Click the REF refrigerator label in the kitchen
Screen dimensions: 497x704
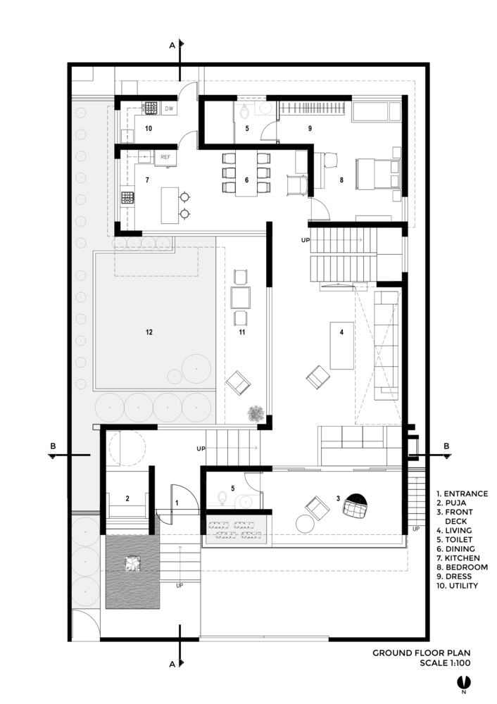(x=165, y=157)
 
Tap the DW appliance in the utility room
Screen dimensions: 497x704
(x=169, y=108)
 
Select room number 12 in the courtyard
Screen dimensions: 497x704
(x=149, y=332)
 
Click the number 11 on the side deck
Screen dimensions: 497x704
(x=242, y=332)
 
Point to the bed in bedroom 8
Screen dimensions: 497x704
(x=377, y=174)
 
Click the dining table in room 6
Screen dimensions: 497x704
(x=246, y=173)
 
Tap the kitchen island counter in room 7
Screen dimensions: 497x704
(x=170, y=205)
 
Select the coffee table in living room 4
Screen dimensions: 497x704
(x=341, y=345)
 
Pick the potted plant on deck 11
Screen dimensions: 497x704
(x=256, y=413)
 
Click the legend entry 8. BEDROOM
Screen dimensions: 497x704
(x=462, y=567)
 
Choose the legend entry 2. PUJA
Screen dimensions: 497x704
(x=451, y=503)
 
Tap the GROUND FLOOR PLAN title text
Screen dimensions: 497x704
(x=421, y=653)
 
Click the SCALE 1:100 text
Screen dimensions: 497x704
(x=445, y=662)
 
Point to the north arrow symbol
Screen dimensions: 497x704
(x=464, y=682)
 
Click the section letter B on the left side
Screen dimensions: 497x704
(x=53, y=446)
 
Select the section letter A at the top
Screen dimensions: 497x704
(x=172, y=45)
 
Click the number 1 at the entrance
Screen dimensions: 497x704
(x=177, y=503)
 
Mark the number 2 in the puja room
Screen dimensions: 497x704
(x=127, y=498)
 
